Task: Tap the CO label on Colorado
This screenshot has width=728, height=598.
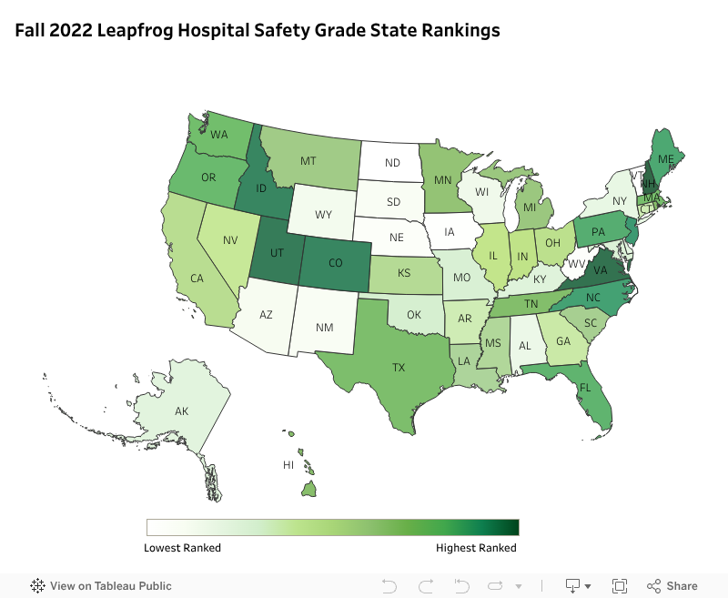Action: click(x=335, y=263)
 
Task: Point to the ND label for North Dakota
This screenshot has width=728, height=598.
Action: click(x=392, y=164)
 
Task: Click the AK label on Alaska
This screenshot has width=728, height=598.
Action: click(x=181, y=411)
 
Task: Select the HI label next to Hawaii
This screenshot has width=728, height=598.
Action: click(x=288, y=465)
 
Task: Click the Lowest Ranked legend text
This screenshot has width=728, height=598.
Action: click(x=182, y=548)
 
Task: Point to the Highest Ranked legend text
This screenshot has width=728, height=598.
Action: click(x=476, y=548)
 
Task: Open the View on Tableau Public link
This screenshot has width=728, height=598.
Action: click(x=101, y=585)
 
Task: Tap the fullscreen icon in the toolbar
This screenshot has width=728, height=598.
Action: click(x=620, y=585)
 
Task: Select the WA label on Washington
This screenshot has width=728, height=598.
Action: click(x=219, y=136)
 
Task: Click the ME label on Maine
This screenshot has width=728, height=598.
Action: click(x=665, y=158)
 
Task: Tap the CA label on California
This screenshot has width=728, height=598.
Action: click(x=196, y=279)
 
